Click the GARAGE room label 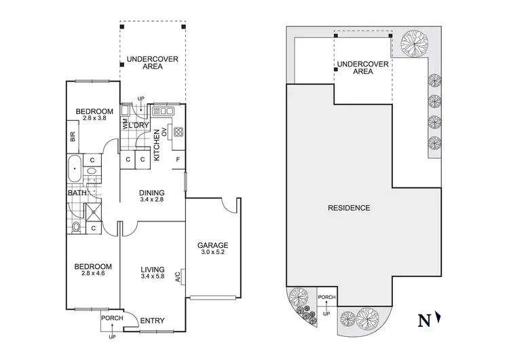[x=212, y=245]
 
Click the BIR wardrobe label [x=73, y=138]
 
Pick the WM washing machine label [x=126, y=125]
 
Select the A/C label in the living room [x=178, y=276]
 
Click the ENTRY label [x=151, y=321]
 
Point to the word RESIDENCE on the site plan [x=350, y=208]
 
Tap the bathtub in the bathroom [x=75, y=166]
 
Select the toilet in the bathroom [x=76, y=227]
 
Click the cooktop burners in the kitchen [x=178, y=132]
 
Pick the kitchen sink [x=165, y=110]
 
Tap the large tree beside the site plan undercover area [x=413, y=45]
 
